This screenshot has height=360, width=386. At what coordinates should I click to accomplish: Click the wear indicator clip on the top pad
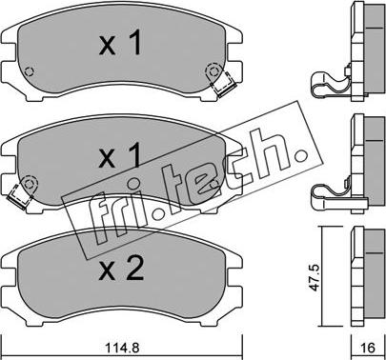pyautogui.click(x=226, y=88)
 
